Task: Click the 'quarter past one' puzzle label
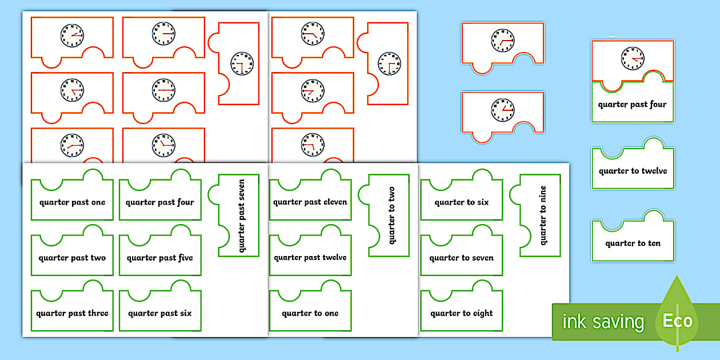coord(72,202)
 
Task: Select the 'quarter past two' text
coord(72,258)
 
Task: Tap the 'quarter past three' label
coord(72,313)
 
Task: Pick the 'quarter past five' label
coord(160,258)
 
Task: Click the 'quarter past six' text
coord(160,313)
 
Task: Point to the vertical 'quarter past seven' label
coord(241,215)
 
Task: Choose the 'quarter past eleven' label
coord(310,202)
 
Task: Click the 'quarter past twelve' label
coord(310,258)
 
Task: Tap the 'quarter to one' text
coord(310,313)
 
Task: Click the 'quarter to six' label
coord(462,202)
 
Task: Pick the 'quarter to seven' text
coord(462,258)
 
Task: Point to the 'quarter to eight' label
coord(462,313)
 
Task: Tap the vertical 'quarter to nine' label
coord(543,214)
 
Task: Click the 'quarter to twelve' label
coord(633,171)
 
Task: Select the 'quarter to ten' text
coord(633,243)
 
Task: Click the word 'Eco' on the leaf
coord(677,321)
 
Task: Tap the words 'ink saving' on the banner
coord(603,322)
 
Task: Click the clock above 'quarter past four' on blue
coord(632,58)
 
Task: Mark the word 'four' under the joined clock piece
coord(657,105)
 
